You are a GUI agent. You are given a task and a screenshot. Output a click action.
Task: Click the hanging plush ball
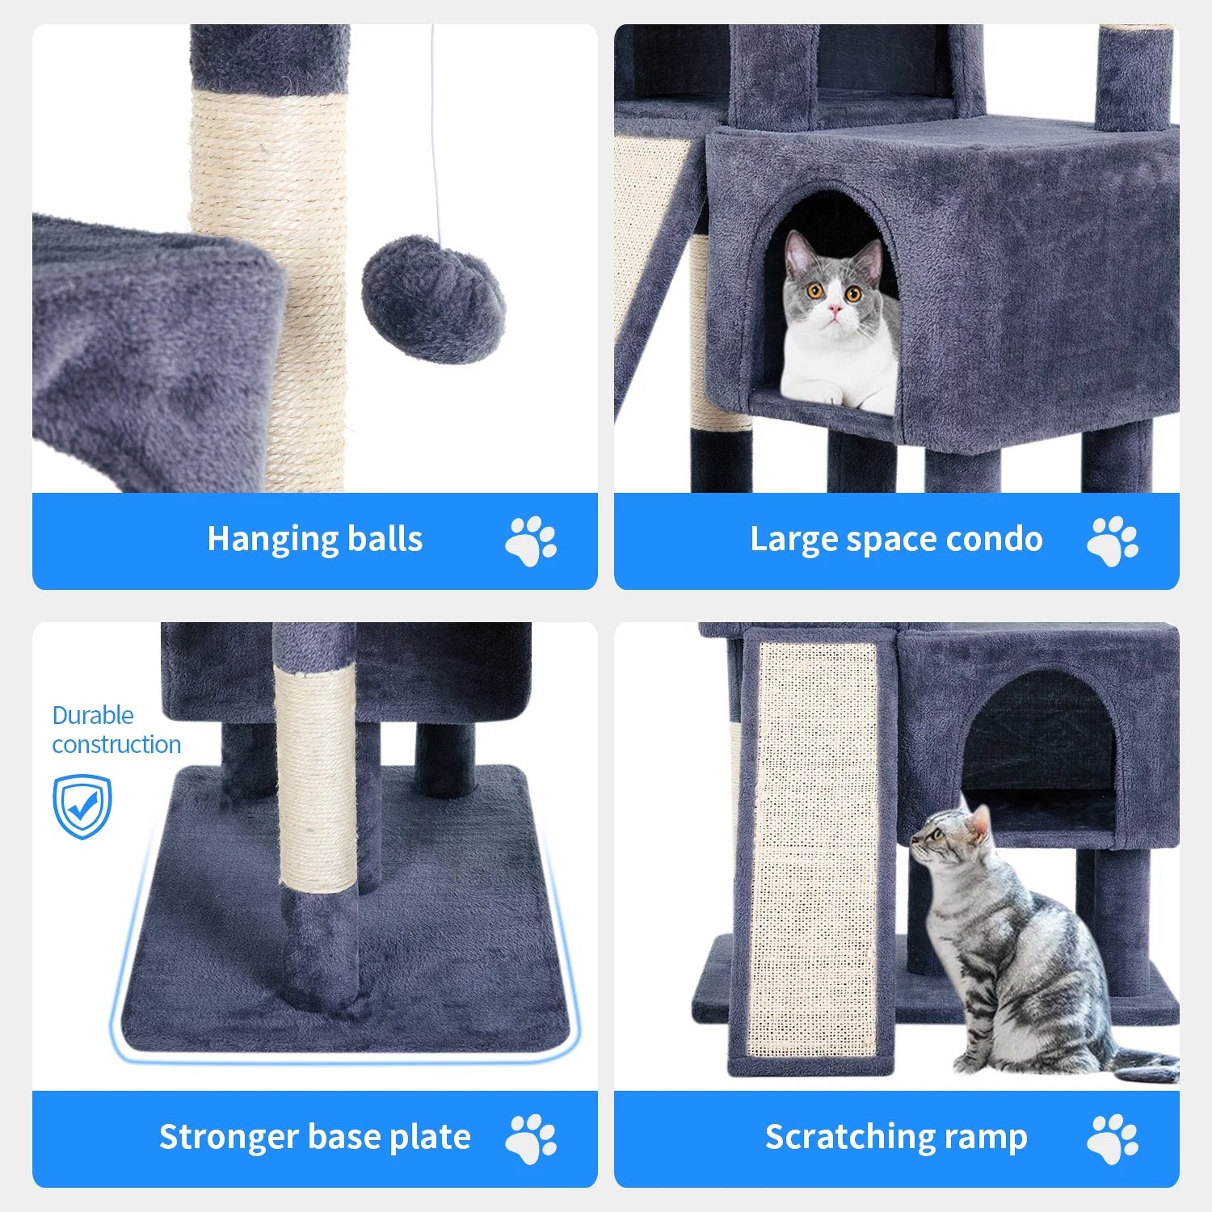[x=434, y=298]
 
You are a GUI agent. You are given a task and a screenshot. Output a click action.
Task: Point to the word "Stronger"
[x=229, y=1138]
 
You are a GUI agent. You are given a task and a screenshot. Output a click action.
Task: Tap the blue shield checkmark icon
[x=82, y=806]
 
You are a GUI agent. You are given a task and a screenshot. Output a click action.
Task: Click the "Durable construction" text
[x=116, y=730]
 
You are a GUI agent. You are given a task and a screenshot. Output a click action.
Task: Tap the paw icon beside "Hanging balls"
[x=531, y=541]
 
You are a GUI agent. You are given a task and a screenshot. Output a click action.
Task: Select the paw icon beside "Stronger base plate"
[x=531, y=1138]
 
